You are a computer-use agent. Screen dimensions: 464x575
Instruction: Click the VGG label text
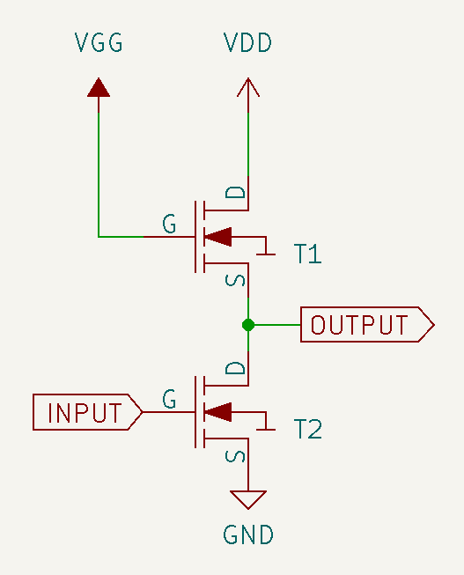click(99, 42)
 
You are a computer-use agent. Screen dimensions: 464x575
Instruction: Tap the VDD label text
click(247, 42)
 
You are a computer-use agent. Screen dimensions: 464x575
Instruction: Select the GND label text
click(248, 534)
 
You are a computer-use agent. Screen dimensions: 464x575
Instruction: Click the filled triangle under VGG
click(99, 88)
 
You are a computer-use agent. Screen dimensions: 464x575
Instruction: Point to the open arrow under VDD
click(248, 87)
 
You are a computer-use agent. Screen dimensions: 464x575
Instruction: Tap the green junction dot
click(248, 325)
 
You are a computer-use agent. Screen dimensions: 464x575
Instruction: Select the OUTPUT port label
click(367, 325)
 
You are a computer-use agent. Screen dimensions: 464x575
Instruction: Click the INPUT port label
click(88, 412)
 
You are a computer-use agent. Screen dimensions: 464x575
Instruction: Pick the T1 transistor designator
click(308, 254)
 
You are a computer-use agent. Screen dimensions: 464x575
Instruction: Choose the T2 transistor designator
click(308, 429)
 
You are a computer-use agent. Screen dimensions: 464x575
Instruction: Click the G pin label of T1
click(169, 224)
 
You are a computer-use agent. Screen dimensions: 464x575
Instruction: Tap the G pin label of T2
click(169, 399)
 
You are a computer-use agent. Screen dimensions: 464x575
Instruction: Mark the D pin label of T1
click(235, 192)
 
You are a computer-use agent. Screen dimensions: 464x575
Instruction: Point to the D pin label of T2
click(235, 368)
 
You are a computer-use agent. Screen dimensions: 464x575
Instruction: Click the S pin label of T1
click(235, 281)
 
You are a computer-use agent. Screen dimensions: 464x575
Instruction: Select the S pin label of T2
click(235, 456)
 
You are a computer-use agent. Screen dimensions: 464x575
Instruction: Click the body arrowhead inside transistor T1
click(217, 237)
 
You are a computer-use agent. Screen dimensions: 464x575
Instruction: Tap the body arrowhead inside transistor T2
click(217, 412)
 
